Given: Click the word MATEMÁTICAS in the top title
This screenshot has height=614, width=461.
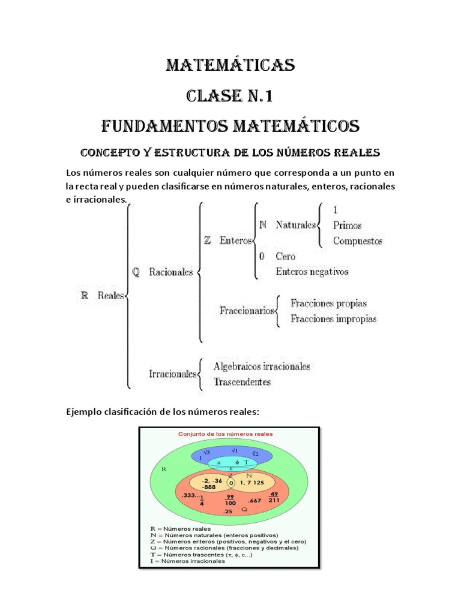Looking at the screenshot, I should click(x=230, y=65).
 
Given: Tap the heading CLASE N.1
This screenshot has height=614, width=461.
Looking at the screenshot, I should click(x=230, y=95).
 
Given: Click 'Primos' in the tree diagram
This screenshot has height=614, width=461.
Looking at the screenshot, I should click(x=347, y=226).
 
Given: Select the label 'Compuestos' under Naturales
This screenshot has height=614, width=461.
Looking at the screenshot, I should click(x=357, y=241).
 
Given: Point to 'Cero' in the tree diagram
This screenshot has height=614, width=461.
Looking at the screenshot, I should click(x=286, y=256).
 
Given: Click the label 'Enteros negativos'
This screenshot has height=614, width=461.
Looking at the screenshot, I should click(x=312, y=272).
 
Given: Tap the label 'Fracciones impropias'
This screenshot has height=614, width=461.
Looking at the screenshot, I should click(x=333, y=319).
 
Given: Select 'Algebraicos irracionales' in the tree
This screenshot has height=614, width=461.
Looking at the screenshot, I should click(x=262, y=366).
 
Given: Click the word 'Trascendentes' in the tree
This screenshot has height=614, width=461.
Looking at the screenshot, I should click(x=242, y=381).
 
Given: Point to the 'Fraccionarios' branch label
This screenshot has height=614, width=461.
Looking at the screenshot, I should click(x=247, y=311).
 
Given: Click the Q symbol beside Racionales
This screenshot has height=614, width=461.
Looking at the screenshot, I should click(x=136, y=272).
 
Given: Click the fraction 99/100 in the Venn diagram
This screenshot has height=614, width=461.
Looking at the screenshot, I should click(x=230, y=500).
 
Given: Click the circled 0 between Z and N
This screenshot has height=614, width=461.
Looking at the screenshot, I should click(x=231, y=482).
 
